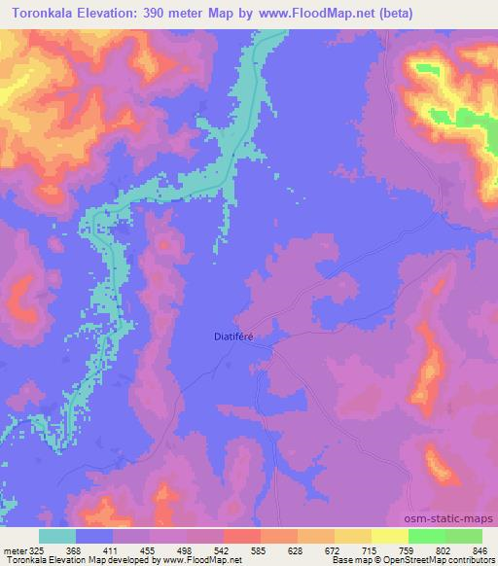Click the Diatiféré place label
click(233, 336)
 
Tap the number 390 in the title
click(166, 14)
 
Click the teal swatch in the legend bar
click(57, 536)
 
